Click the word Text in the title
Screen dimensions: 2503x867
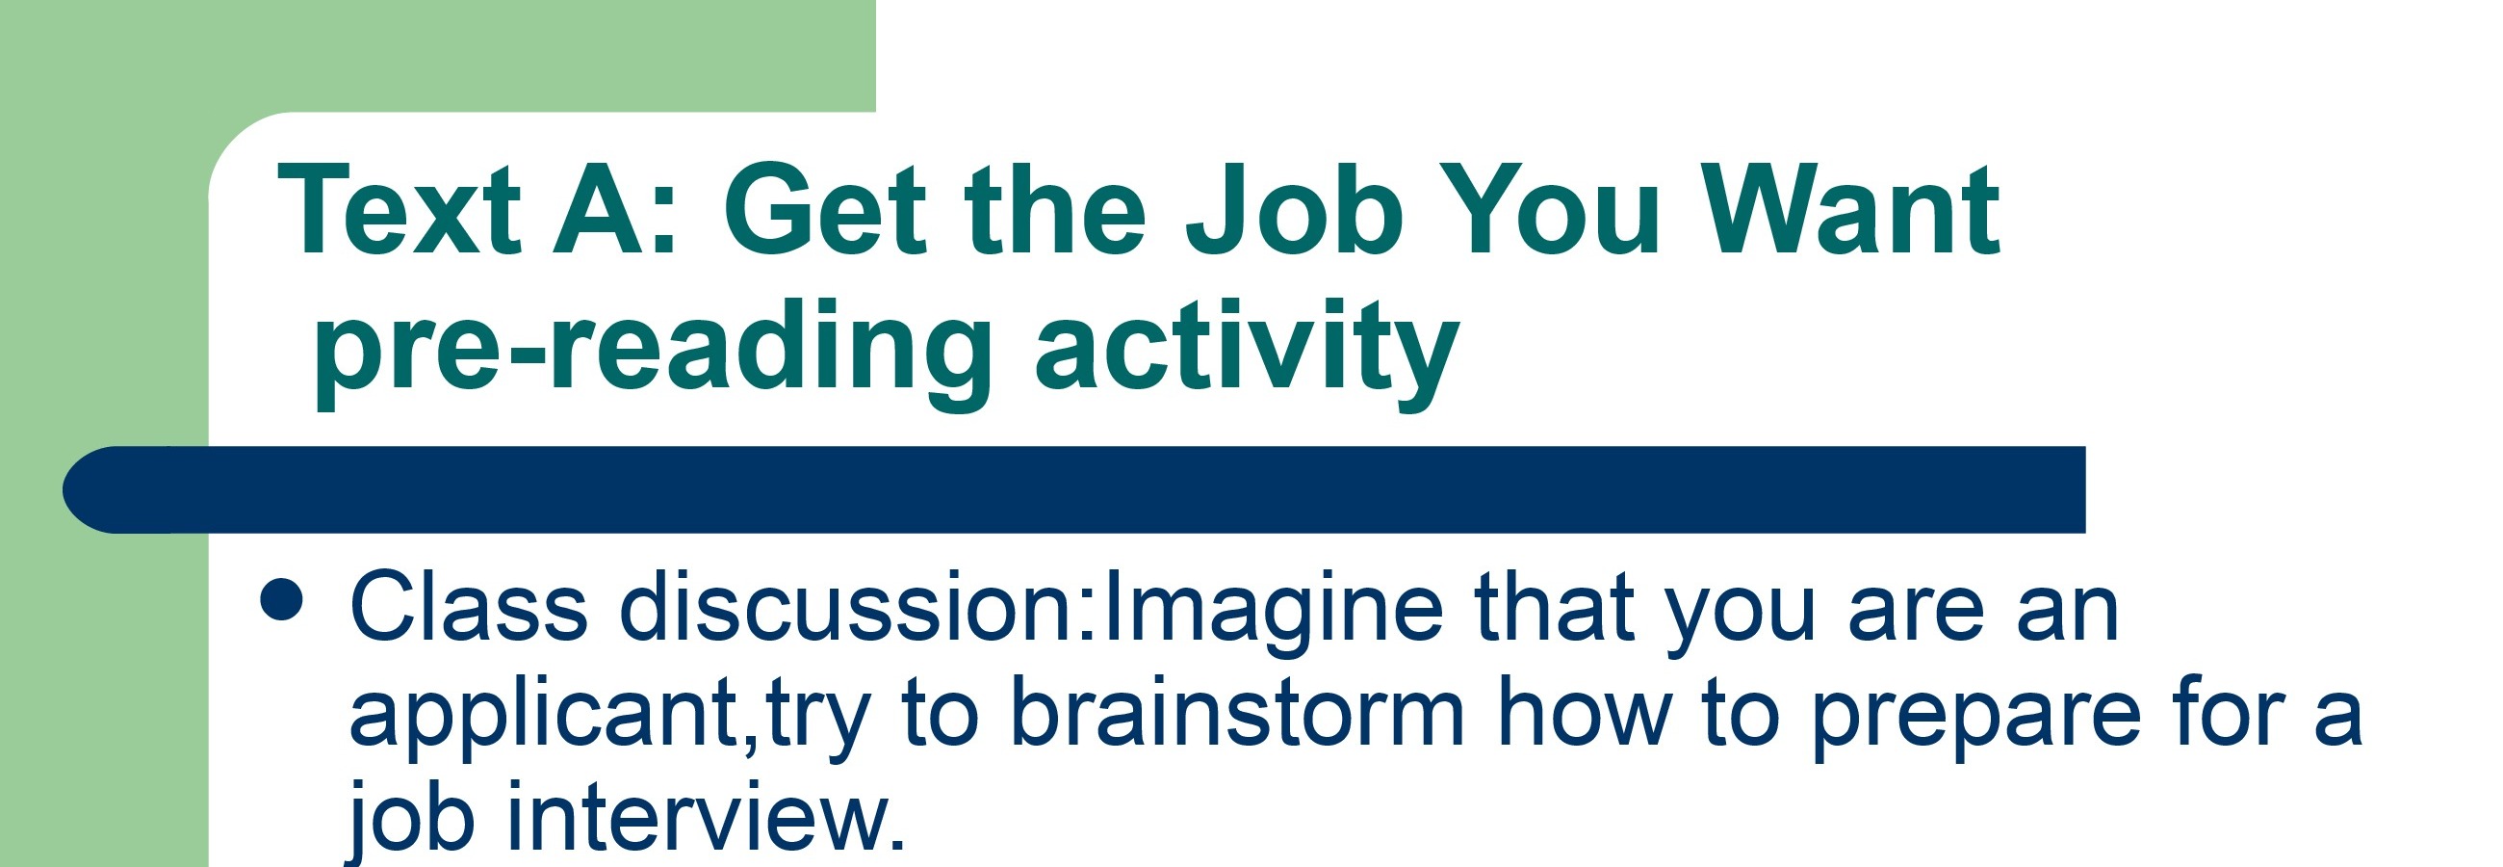(x=400, y=210)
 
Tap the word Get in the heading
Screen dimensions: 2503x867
(x=825, y=210)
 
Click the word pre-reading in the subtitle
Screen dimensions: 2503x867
(x=652, y=352)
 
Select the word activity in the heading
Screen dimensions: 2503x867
(x=1247, y=352)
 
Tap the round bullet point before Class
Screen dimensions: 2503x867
(x=283, y=600)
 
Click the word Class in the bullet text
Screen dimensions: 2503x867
(x=468, y=607)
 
